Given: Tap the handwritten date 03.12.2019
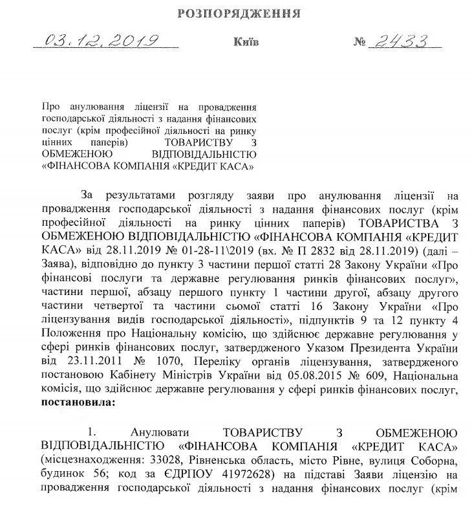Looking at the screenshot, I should click(x=102, y=41).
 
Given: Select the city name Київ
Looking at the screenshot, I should click(x=245, y=43).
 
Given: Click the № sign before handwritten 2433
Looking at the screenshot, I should click(x=360, y=43).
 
